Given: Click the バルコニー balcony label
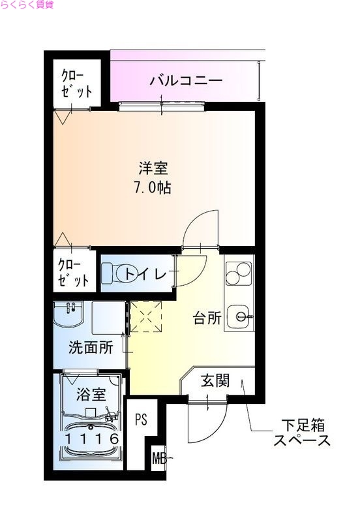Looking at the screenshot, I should (x=186, y=82).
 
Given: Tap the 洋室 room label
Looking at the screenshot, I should (x=154, y=168).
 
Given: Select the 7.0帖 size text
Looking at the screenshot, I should (x=154, y=188).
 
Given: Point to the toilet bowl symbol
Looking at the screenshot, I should (x=115, y=273).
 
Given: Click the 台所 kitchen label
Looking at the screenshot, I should (x=207, y=318).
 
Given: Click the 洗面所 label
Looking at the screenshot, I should (x=92, y=347).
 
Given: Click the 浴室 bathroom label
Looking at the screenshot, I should (x=91, y=393).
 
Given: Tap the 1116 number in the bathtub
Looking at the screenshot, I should (x=91, y=439).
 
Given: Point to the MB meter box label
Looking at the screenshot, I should (x=158, y=458).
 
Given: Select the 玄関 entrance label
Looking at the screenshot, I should (x=215, y=381).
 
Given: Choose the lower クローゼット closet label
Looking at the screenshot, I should (x=73, y=273).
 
